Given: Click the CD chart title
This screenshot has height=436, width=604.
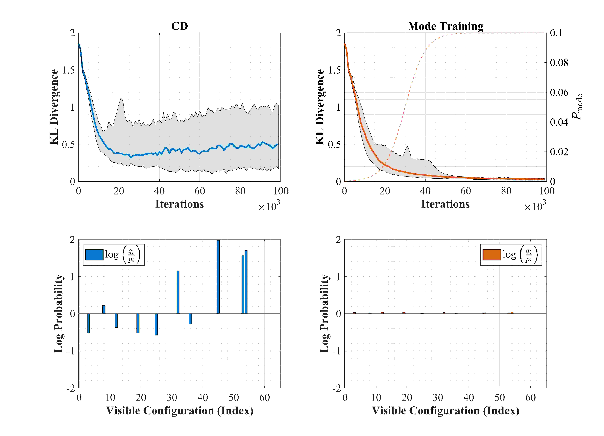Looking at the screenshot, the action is pos(179,26).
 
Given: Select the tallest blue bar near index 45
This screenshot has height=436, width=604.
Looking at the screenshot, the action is pos(218,277).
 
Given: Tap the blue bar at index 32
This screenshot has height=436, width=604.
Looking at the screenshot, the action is pos(178,292).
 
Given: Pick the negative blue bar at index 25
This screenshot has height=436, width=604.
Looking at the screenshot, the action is pos(156,324).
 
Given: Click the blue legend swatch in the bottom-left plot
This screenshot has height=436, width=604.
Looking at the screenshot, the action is pos(94,255).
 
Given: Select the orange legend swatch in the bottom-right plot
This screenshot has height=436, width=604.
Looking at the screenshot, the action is pos(492,255).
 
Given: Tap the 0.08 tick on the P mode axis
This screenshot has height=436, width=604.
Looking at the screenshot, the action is pos(559,63).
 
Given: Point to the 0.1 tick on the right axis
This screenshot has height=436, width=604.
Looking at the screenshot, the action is pos(556,33).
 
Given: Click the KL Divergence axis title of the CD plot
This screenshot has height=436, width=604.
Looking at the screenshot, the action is pos(54,107).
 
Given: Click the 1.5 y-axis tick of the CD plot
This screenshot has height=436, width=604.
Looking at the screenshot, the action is pos(68,70).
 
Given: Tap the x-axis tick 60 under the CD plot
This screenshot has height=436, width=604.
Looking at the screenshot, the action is pos(200,191).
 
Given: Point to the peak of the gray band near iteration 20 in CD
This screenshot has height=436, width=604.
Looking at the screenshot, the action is pos(121,98).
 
